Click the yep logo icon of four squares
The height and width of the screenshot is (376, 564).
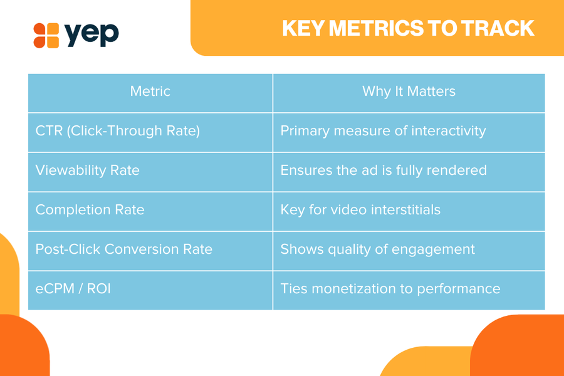coord(46,35)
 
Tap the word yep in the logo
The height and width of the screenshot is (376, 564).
coord(91,35)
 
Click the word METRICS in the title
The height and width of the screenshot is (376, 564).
coord(376,28)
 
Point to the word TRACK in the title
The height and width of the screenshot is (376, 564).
coord(498,28)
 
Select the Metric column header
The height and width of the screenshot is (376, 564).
coord(150,91)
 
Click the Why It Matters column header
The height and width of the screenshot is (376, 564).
coord(409,91)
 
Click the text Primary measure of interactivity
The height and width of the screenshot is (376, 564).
coord(383,131)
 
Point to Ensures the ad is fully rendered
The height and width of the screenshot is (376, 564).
coord(384,170)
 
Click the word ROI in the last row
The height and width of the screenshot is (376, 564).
coord(99,288)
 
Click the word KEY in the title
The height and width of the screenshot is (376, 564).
coord(303,28)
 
